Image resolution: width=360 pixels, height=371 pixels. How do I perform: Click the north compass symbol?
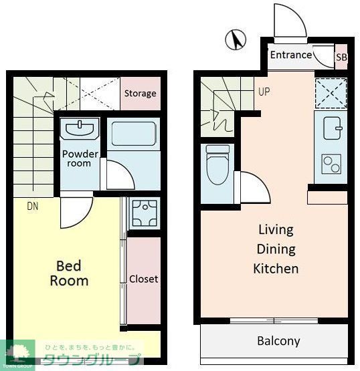click(236, 39)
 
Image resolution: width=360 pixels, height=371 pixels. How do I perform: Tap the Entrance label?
click(291, 55)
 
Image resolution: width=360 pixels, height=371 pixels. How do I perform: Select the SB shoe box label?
click(341, 57)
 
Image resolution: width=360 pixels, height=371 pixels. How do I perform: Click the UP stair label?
click(264, 92)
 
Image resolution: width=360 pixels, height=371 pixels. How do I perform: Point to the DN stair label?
click(32, 207)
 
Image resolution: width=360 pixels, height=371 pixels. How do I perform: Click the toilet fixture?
click(217, 164)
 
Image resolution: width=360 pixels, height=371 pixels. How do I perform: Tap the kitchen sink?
click(333, 128)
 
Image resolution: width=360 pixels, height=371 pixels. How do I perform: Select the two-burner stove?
click(332, 164)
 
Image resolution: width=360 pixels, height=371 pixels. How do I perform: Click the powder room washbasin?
click(80, 129)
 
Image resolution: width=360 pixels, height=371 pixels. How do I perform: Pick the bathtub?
click(134, 134)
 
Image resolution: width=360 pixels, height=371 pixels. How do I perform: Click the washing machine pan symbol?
click(145, 213)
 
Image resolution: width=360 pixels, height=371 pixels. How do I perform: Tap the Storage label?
click(141, 93)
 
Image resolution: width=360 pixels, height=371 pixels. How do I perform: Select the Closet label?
click(143, 279)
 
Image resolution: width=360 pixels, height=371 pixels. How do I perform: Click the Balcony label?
click(279, 341)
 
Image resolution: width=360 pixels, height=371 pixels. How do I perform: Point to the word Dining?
click(276, 249)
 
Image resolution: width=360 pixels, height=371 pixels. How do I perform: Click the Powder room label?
click(80, 158)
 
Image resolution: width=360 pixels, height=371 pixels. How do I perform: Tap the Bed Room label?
click(69, 273)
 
